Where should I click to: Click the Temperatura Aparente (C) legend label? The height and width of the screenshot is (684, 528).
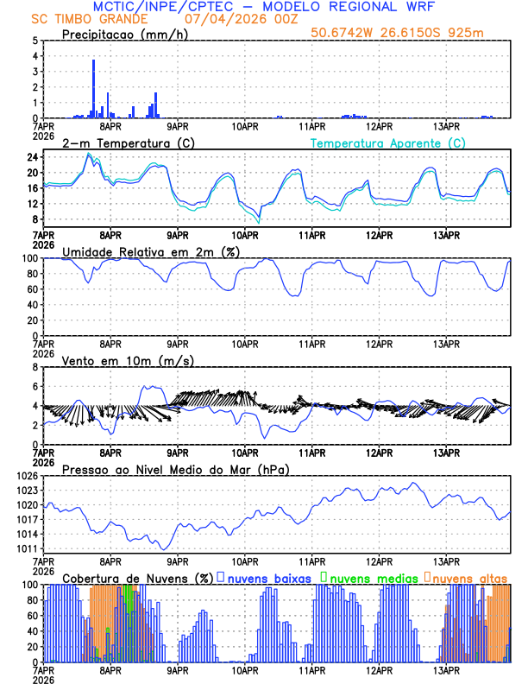(x=387, y=142)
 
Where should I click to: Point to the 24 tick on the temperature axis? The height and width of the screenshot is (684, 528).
(x=33, y=157)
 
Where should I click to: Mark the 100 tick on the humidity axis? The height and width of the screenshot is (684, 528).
(x=29, y=258)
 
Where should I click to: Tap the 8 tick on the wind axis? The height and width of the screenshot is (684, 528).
(x=35, y=367)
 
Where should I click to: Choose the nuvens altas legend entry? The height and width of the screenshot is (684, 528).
(x=466, y=577)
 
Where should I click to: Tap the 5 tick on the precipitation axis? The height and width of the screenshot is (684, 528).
(x=35, y=41)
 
